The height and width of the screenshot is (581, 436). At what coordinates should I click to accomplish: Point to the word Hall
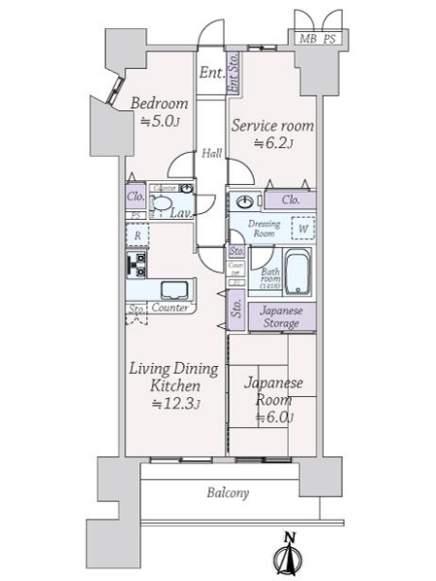(211, 153)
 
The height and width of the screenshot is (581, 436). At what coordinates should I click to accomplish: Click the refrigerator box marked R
(138, 235)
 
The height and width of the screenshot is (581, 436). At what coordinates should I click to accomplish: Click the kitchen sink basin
(174, 290)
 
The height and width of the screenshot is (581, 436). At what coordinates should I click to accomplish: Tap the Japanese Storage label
(283, 318)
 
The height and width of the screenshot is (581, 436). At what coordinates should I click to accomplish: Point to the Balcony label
(228, 493)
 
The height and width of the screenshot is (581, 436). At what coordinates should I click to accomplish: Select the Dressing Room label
(265, 229)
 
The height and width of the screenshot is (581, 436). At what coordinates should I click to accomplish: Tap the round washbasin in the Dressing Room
(244, 202)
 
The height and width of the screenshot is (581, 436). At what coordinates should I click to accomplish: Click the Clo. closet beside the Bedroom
(135, 197)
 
